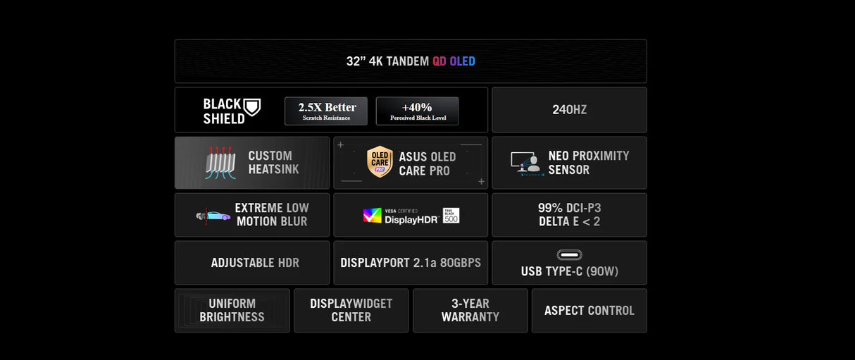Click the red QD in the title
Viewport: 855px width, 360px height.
pos(439,61)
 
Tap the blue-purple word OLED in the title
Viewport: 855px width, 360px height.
pos(462,61)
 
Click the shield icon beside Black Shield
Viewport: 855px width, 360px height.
pos(252,107)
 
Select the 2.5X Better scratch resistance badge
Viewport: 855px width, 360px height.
pos(326,111)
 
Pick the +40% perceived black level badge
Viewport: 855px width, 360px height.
pos(417,111)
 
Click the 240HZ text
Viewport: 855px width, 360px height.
pos(570,110)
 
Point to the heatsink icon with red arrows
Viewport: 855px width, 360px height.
pos(220,163)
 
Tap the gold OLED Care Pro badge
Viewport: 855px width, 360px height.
pos(380,161)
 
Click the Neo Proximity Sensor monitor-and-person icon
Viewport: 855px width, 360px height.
pos(527,163)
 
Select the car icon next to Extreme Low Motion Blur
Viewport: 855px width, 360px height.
pos(213,216)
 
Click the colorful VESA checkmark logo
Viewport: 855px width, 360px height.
pos(372,216)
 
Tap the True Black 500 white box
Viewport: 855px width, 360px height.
pos(451,216)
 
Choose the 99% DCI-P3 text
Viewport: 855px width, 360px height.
pos(570,208)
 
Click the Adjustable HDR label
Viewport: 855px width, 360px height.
pos(255,263)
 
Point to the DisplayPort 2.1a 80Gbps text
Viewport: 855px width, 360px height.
pos(411,263)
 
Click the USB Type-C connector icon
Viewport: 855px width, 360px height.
pos(570,254)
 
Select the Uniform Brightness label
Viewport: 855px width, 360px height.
pos(232,310)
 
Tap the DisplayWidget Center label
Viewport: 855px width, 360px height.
pos(351,310)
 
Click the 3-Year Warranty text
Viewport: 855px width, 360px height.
pos(470,310)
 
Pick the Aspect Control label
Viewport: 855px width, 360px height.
pos(589,311)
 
